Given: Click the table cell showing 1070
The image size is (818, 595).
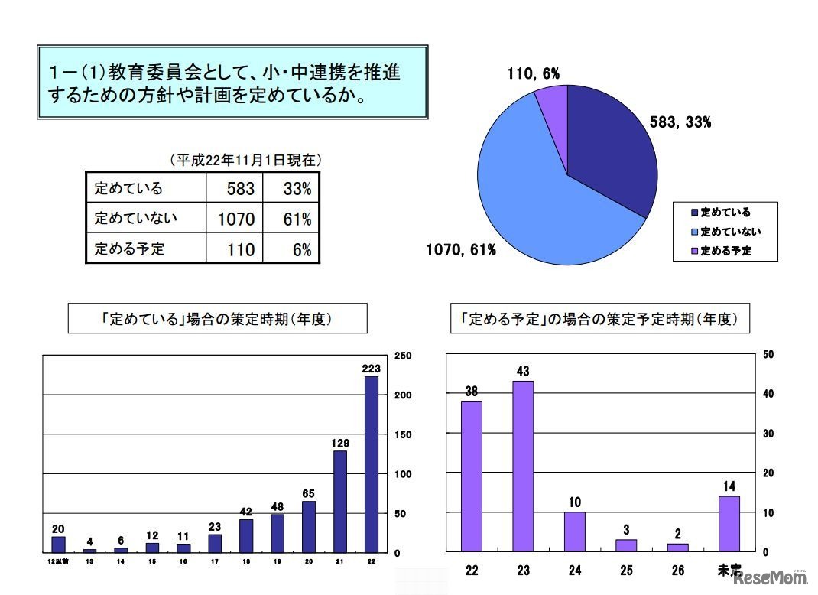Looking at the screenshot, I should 235,219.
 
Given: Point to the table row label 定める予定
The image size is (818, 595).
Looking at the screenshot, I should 130,249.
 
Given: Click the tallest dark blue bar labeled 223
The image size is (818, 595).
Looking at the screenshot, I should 371,463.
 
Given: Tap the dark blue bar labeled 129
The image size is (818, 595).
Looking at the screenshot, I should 339,501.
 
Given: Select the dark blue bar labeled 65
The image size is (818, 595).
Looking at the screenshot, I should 308,526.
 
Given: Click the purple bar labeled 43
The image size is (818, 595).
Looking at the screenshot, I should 523,466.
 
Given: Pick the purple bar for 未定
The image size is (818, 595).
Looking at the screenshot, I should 729,524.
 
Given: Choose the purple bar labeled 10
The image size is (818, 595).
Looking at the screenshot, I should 575,532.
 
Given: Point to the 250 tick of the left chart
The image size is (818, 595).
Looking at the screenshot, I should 403,356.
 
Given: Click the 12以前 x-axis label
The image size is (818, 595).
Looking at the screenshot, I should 58,561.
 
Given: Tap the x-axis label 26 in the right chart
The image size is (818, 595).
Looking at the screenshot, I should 677,571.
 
